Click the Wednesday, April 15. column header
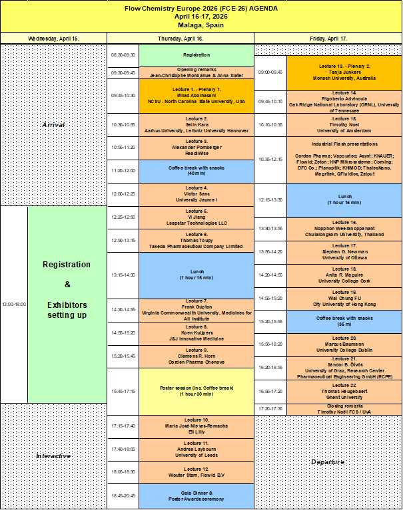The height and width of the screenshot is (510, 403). pos(53,39)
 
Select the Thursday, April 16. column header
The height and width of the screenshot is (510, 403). pos(181,39)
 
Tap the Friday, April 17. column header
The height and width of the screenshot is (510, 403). pos(328,39)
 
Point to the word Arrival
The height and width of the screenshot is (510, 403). pos(53,124)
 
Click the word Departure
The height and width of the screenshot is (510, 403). pos(328,461)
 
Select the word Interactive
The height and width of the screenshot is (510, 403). pos(53,455)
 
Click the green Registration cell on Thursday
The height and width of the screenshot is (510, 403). pos(197,55)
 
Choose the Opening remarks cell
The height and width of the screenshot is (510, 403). pos(197,73)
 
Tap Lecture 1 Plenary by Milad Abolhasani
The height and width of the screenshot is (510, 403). pos(197,97)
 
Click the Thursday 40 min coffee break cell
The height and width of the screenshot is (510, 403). pos(197,172)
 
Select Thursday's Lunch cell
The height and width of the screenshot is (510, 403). pos(197,274)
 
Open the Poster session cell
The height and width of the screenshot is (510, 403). pos(197,391)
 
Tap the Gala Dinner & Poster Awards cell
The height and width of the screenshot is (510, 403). pos(197,495)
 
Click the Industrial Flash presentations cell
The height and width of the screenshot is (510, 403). pos(344,160)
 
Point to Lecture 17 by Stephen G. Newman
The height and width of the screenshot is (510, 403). pos(344,251)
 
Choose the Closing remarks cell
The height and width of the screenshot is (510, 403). pos(344,409)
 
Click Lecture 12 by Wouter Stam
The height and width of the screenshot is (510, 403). pos(197,472)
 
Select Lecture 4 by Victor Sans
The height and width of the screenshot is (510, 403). pos(197,195)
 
